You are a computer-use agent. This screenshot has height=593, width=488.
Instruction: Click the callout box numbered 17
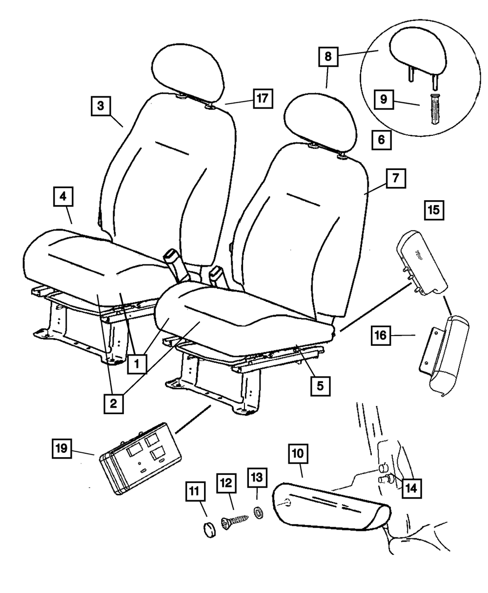point(263,99)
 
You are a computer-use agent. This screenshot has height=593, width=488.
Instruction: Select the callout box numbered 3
point(101,106)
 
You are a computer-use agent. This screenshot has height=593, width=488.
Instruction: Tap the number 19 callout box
point(62,448)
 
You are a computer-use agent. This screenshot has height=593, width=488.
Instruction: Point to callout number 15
point(434,211)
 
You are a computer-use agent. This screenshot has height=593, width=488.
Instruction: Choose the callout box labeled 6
point(382,140)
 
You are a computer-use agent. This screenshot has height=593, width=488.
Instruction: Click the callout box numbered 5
point(320,386)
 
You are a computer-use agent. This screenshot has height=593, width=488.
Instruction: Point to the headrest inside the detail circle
point(417,56)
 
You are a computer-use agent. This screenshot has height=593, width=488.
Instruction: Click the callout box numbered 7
point(396,178)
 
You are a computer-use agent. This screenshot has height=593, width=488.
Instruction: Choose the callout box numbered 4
point(63,196)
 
